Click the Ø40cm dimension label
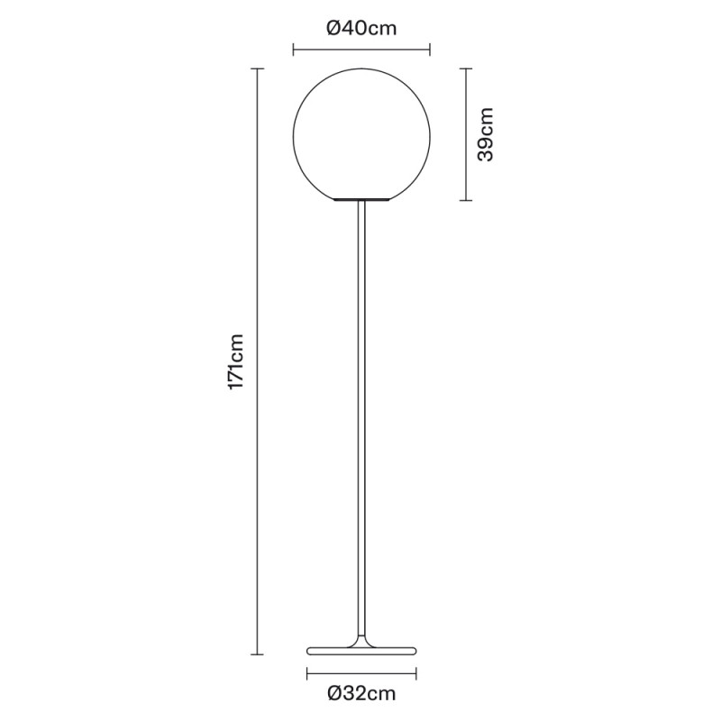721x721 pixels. [x=361, y=28]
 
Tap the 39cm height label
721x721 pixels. [x=486, y=134]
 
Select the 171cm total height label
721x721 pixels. [x=235, y=361]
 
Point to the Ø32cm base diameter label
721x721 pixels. [x=361, y=694]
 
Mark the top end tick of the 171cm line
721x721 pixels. [x=259, y=68]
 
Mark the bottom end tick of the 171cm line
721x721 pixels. [x=259, y=653]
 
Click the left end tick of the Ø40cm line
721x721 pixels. [x=294, y=50]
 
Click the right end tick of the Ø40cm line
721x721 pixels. [x=430, y=50]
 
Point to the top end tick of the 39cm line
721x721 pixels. [x=464, y=68]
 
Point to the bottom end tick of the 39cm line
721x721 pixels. [x=464, y=200]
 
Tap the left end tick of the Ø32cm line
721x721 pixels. [x=307, y=671]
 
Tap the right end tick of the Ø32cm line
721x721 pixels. [x=417, y=671]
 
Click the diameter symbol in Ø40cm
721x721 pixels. [x=333, y=28]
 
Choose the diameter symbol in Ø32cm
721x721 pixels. [x=334, y=694]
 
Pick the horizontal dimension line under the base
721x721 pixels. [x=362, y=671]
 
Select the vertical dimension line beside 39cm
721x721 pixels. [x=464, y=134]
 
